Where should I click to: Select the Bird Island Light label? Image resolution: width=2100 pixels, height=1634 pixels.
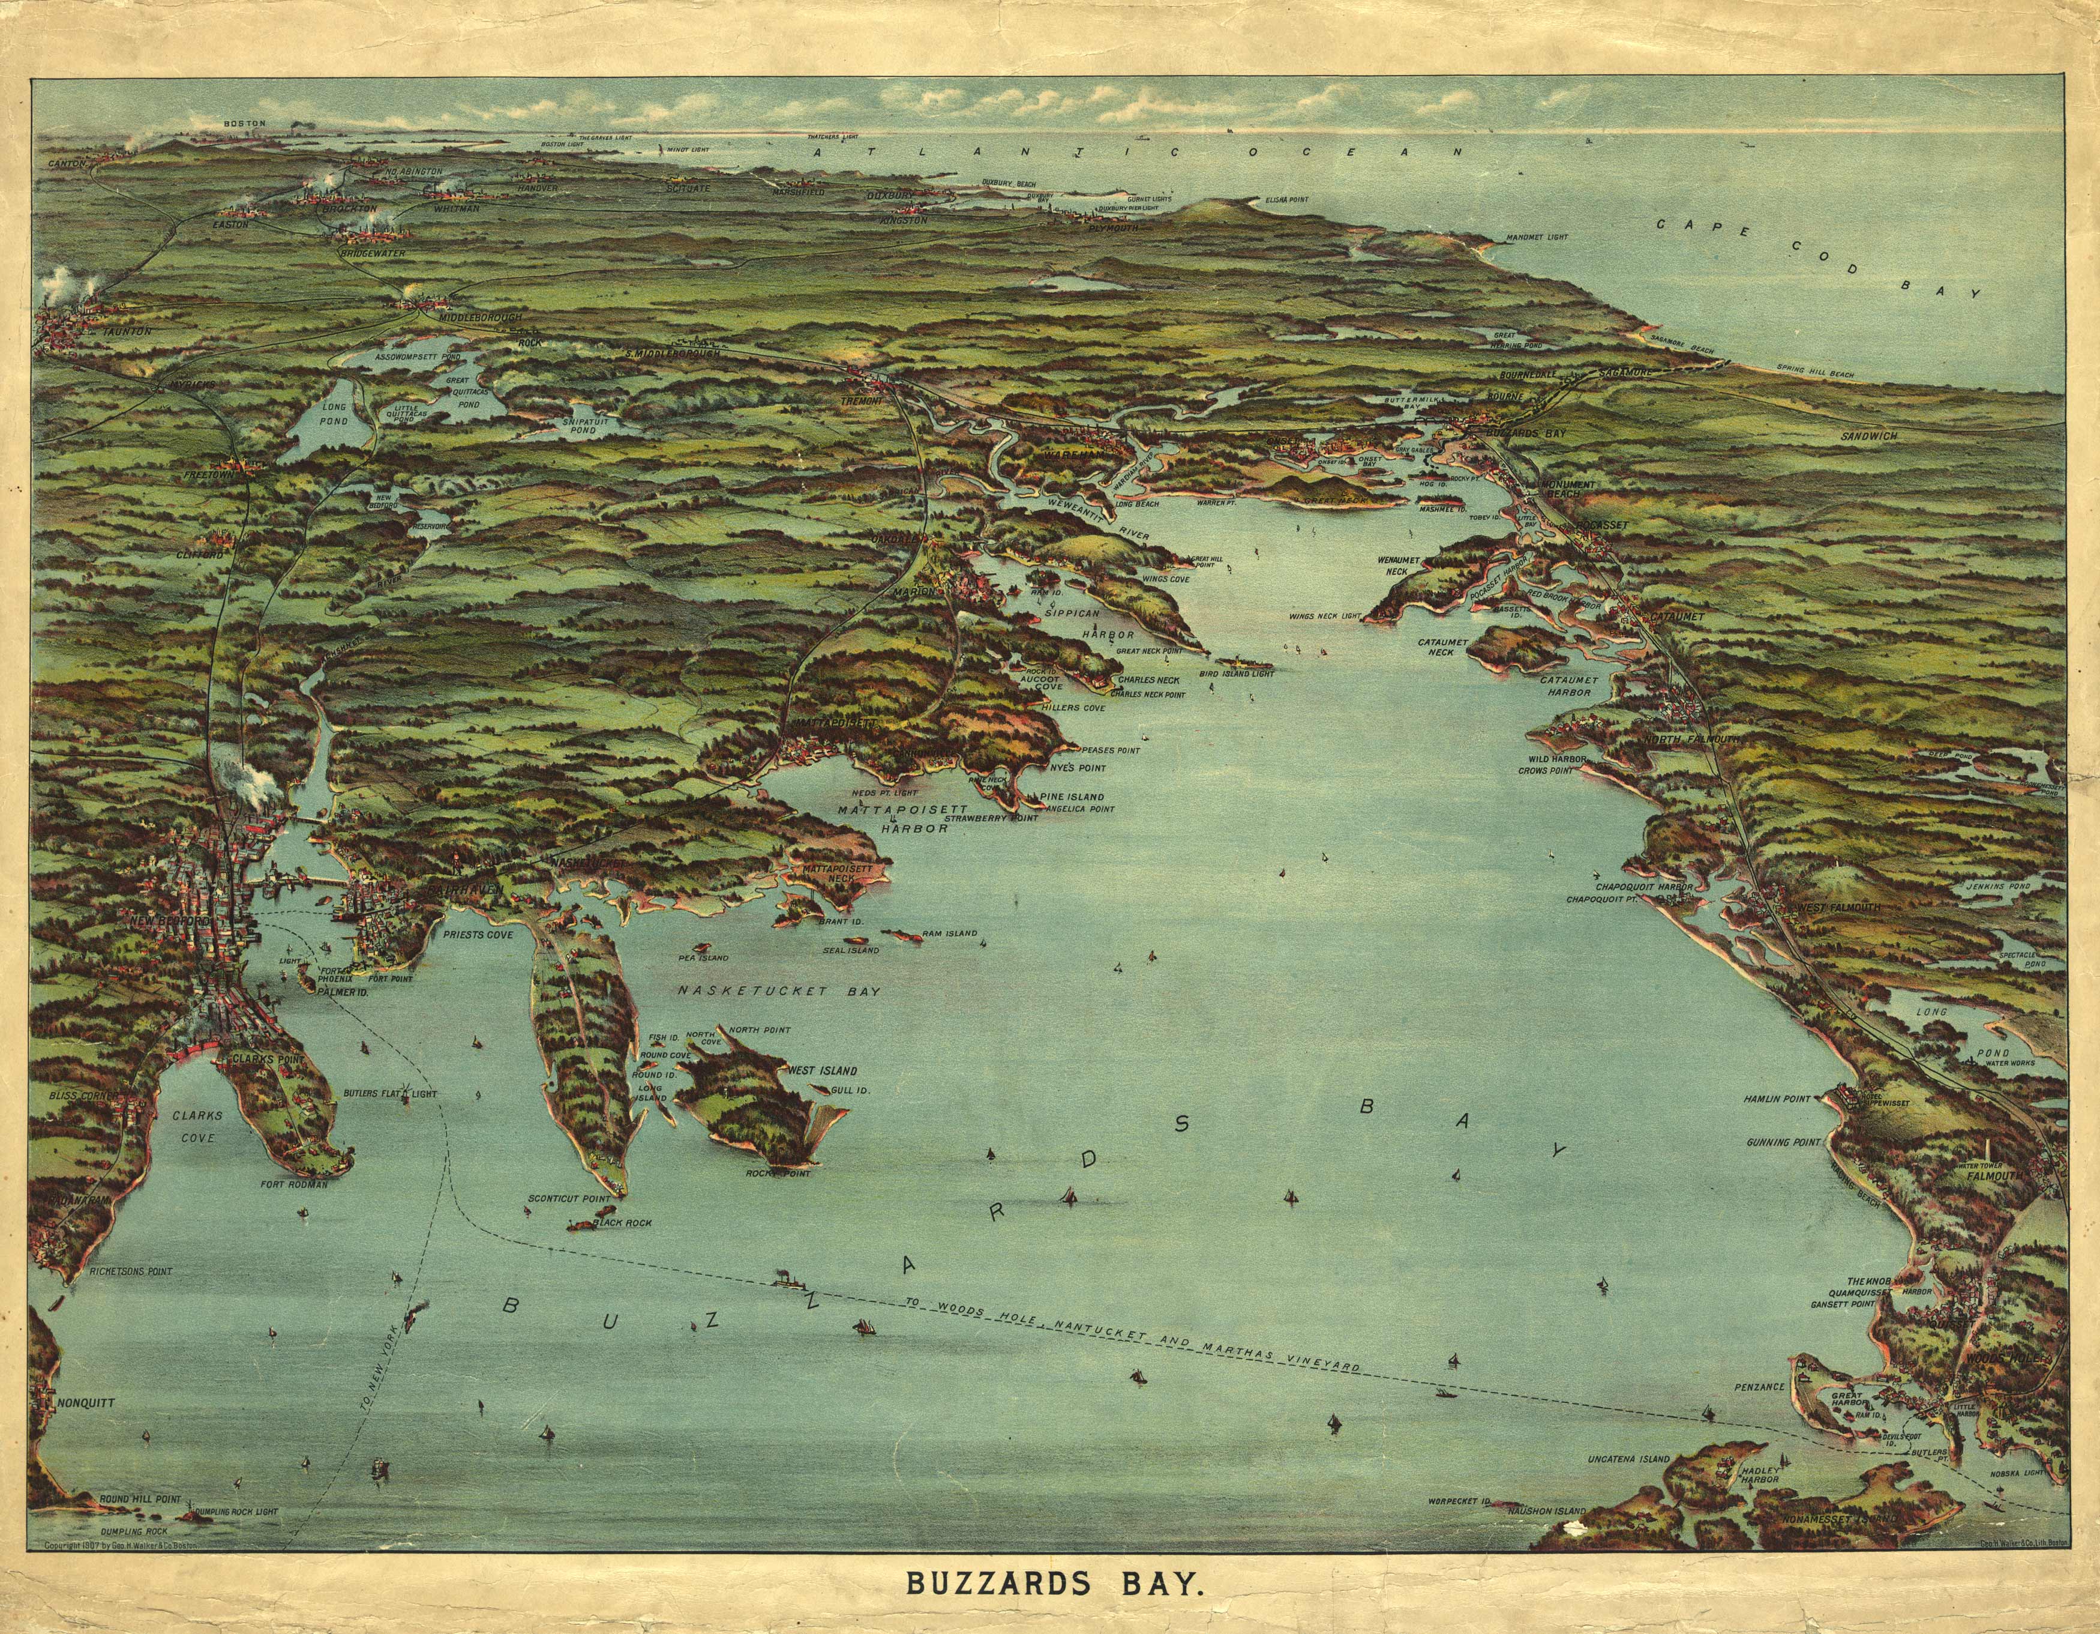(x=1237, y=673)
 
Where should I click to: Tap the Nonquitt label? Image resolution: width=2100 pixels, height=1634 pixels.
(x=86, y=1402)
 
